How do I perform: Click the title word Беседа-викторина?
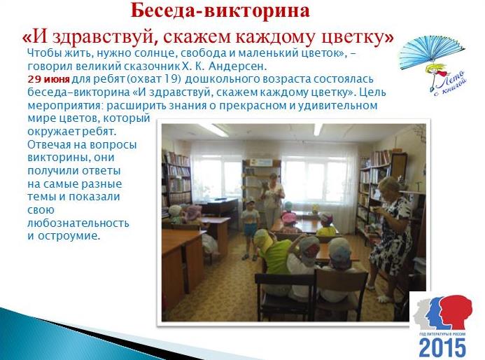pos(220,11)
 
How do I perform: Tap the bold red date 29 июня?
pos(48,80)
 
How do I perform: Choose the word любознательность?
pos(78,223)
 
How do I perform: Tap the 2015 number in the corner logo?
pos(442,347)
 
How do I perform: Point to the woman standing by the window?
pos(272,200)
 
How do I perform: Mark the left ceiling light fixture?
pos(213,130)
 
